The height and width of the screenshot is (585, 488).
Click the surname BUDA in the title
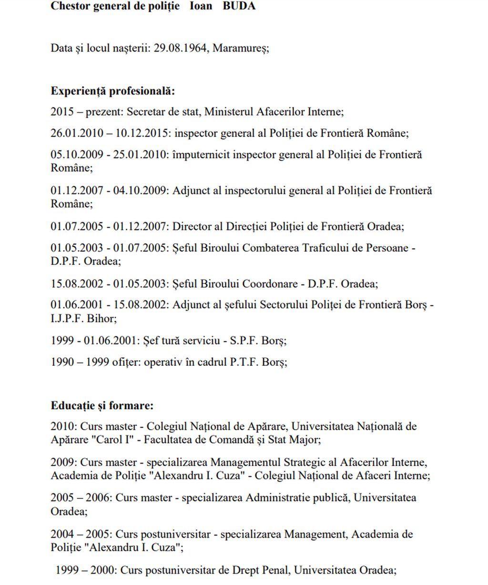click(239, 6)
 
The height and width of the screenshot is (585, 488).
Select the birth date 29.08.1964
click(182, 49)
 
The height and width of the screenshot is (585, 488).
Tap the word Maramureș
click(241, 49)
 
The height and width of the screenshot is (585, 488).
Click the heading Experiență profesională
click(113, 91)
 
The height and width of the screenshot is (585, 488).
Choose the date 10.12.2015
click(142, 133)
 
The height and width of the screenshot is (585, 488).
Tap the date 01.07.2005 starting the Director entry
click(76, 226)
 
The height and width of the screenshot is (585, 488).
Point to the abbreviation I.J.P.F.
click(67, 318)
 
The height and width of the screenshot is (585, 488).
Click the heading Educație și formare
click(102, 406)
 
